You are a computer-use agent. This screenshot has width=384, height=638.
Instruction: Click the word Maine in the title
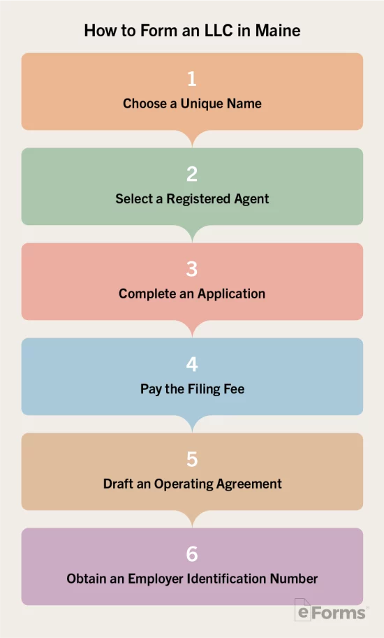point(278,31)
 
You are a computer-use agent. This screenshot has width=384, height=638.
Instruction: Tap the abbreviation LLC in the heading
point(219,31)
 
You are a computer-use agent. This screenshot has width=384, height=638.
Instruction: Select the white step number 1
point(192,78)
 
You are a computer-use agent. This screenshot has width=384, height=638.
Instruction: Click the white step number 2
point(192,174)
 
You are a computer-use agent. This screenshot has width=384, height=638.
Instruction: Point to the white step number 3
point(192,269)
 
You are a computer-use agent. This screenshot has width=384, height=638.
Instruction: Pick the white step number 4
point(192,364)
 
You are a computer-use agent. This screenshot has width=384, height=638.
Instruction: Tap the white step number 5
point(192,459)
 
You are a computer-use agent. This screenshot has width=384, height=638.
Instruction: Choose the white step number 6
point(192,554)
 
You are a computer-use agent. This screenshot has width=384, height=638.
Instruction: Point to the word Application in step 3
point(231,293)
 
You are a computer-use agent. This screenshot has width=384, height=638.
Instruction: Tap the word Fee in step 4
point(234,389)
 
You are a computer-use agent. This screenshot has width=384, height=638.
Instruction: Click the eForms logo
point(330,610)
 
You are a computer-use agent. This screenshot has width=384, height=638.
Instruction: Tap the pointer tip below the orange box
point(192,147)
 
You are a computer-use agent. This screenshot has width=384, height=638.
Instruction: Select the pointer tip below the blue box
point(192,432)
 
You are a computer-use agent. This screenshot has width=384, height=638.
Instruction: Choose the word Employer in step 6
point(156,579)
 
